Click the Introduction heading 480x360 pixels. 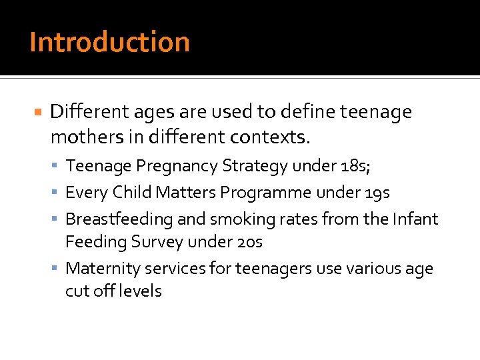[110, 42]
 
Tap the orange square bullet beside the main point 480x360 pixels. [39, 111]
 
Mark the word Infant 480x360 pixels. [416, 219]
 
